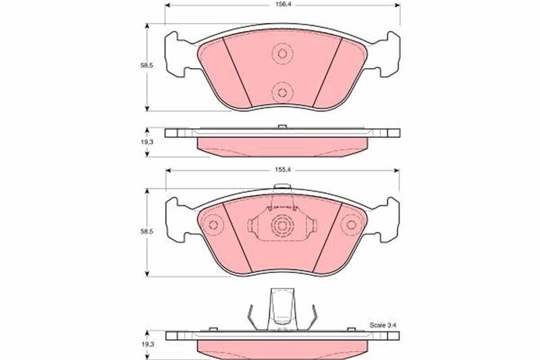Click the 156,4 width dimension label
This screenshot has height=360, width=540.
tap(281, 5)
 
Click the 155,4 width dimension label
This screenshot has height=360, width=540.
tap(281, 170)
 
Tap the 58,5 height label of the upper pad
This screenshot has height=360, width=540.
tap(146, 66)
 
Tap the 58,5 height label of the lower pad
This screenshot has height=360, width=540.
tap(146, 232)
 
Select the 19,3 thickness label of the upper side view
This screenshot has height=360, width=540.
tap(146, 142)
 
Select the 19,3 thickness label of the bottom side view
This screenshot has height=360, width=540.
tap(146, 344)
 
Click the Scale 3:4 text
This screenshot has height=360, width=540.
tap(382, 325)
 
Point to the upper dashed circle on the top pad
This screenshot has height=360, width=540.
tap(282, 54)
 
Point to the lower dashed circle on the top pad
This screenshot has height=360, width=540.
tap(282, 93)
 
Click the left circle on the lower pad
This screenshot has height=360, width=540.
tap(213, 225)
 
